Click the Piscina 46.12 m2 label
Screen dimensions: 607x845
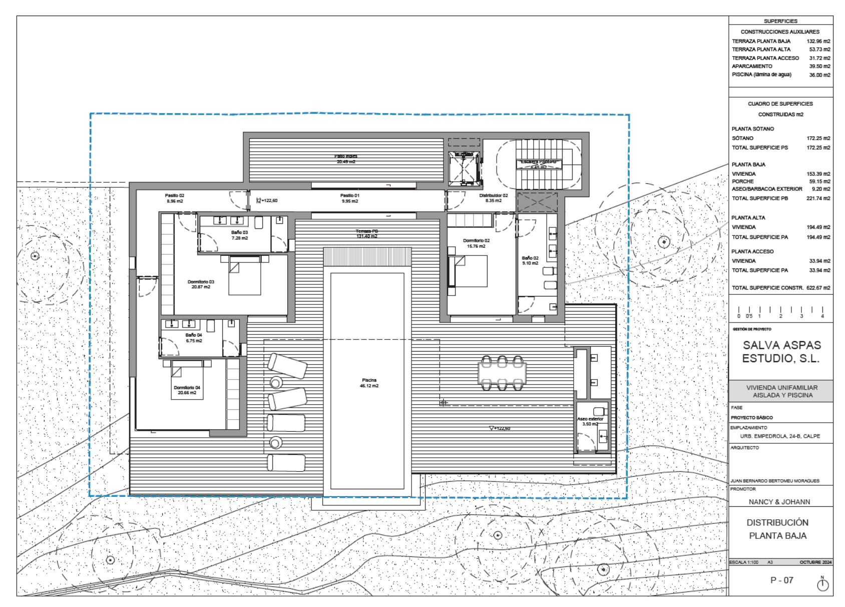coord(369,383)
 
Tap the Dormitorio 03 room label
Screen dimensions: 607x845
coord(201,284)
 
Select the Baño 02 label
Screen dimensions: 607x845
coord(530,260)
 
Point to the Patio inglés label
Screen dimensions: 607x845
coord(346,159)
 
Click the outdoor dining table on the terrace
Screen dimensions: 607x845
coord(502,373)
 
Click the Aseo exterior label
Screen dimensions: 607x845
coord(590,421)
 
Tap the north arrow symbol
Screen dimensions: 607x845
coord(822,584)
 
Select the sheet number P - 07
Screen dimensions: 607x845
coord(781,580)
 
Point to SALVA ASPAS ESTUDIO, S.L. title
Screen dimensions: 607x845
coord(781,352)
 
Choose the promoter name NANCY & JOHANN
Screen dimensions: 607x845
coord(779,501)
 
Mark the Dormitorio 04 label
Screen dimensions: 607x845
coord(187,390)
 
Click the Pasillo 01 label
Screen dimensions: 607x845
coord(350,198)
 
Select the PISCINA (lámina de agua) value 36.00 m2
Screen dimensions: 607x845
coord(819,75)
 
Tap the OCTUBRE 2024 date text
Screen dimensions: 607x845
coord(815,562)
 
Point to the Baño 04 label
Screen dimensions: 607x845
coord(193,338)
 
